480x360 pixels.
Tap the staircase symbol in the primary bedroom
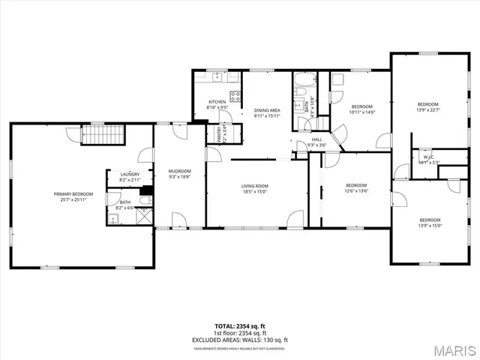(x=94, y=136)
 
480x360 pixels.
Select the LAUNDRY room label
(x=130, y=175)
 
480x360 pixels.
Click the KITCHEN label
(x=217, y=102)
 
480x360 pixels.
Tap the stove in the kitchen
(x=235, y=95)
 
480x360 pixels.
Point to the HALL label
(x=317, y=139)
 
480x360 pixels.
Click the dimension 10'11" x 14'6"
(x=361, y=112)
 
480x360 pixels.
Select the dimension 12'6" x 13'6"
(x=356, y=190)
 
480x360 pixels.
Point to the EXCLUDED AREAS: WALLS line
(x=239, y=341)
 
